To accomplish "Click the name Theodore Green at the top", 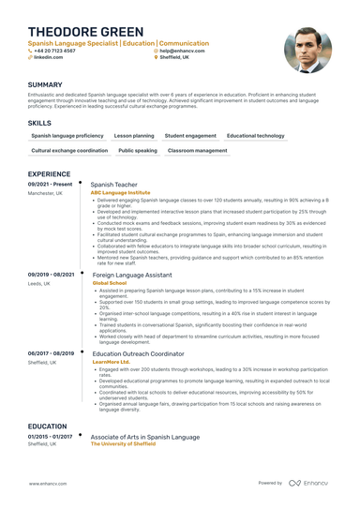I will pyautogui.click(x=79, y=32).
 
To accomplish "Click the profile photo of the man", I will pyautogui.click(x=307, y=50).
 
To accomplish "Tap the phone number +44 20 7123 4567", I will pyautogui.click(x=56, y=51).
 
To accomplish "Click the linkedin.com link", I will pyautogui.click(x=49, y=57).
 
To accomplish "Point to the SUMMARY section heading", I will pyautogui.click(x=46, y=83).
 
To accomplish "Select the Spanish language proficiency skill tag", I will pyautogui.click(x=67, y=136).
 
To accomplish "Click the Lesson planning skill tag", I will pyautogui.click(x=134, y=136).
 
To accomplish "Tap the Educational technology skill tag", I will pyautogui.click(x=255, y=136).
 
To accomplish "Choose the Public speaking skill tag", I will pyautogui.click(x=138, y=150).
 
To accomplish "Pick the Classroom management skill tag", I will pyautogui.click(x=197, y=150).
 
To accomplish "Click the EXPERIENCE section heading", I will pyautogui.click(x=49, y=174).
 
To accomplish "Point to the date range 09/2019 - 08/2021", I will pyautogui.click(x=51, y=275).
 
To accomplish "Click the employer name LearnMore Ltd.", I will pyautogui.click(x=112, y=361).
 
